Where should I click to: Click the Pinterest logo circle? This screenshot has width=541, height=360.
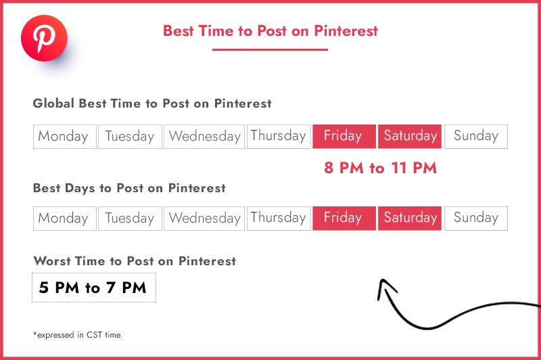pos(44,39)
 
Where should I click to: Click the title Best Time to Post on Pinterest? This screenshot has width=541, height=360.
pos(270,30)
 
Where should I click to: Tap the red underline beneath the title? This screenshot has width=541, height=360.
pos(270,49)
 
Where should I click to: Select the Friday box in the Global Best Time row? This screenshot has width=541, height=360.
pos(344,136)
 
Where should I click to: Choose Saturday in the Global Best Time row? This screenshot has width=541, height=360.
pos(410,136)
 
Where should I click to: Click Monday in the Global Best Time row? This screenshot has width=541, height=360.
pos(65,137)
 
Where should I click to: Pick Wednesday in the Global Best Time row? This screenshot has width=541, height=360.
pos(204,137)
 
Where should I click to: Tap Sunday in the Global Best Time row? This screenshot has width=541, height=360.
pos(476,137)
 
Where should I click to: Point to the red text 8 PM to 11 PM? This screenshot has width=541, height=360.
pos(380,168)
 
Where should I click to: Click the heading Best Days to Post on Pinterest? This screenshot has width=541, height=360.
pos(129,188)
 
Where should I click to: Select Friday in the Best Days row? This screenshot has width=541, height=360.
pos(344,218)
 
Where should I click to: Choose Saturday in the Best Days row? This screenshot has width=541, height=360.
pos(410,218)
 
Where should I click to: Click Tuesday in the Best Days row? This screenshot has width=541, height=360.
pos(130,219)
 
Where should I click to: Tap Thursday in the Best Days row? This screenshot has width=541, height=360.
pos(279,219)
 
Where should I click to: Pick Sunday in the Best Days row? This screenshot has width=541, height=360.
pos(476,219)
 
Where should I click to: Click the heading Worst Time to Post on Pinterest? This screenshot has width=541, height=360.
pos(135,261)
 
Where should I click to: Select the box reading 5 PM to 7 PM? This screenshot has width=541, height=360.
pos(94,288)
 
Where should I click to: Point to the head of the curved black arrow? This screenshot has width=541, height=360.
pos(382,280)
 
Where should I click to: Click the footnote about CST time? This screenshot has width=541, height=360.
pos(76,335)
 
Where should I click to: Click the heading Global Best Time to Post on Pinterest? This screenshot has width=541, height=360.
pos(152,104)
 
